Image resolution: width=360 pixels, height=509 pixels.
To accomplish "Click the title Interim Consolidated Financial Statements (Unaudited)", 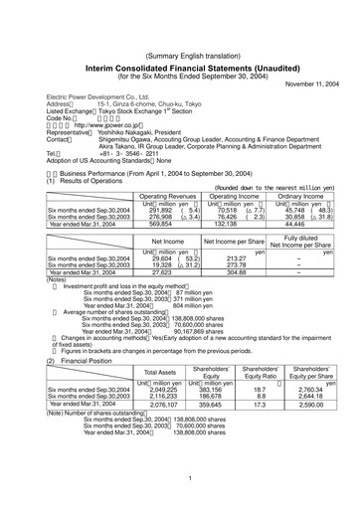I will [180, 39].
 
